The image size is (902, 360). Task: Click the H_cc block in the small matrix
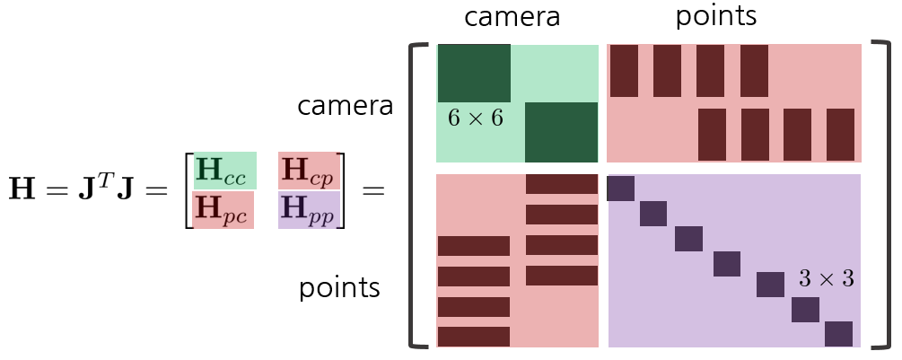(225, 171)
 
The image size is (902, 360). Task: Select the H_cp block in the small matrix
(308, 171)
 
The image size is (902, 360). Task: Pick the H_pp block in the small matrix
(308, 210)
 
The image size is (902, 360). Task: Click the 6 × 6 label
(475, 119)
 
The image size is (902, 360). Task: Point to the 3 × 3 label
(826, 279)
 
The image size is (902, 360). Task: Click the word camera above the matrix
(511, 17)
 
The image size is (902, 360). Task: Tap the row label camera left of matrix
(346, 106)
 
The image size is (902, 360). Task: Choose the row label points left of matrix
(339, 288)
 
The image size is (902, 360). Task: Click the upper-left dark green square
(474, 73)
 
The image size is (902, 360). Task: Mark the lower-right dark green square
(561, 132)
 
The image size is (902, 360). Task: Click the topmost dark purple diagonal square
(620, 189)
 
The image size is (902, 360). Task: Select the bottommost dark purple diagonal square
(838, 334)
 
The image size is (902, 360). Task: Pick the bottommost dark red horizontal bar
(473, 337)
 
